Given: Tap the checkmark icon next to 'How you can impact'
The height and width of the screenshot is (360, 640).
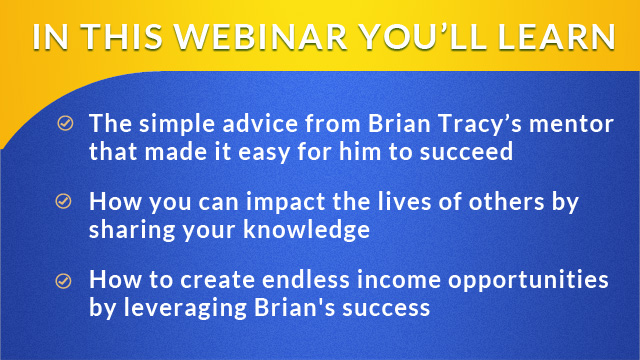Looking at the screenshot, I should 65,200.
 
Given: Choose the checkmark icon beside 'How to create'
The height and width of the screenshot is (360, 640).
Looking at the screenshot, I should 65,280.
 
